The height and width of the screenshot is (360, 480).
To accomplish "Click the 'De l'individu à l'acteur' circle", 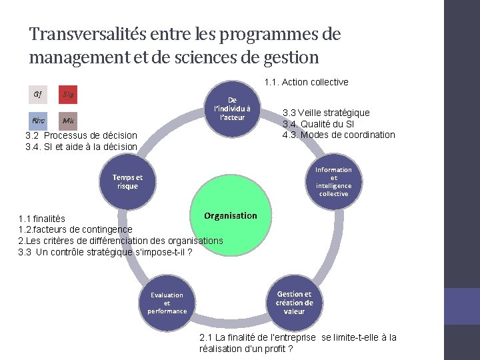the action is [229, 109].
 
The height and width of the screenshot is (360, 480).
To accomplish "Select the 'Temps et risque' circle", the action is [127, 182].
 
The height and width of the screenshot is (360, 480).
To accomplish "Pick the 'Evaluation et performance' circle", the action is [167, 303].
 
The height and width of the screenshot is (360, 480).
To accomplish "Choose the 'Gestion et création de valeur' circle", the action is [294, 303].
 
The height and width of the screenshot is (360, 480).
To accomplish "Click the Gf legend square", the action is [39, 95].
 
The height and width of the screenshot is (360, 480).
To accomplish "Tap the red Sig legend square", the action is [67, 95].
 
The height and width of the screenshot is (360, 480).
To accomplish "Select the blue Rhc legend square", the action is [39, 121].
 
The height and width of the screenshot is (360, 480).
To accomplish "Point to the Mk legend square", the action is [67, 121].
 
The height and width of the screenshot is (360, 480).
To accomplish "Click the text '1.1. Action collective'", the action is [306, 82].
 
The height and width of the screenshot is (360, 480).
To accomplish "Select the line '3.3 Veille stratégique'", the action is [326, 113].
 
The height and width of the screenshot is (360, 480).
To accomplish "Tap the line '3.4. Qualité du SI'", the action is [318, 124].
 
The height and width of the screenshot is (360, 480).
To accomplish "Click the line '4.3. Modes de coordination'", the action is [339, 135].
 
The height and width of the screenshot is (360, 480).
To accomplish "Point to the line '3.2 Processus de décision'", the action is [81, 135].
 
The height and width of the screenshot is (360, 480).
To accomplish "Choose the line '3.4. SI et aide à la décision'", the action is [81, 147].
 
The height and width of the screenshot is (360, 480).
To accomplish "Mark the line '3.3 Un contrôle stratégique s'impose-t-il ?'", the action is [105, 251].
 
